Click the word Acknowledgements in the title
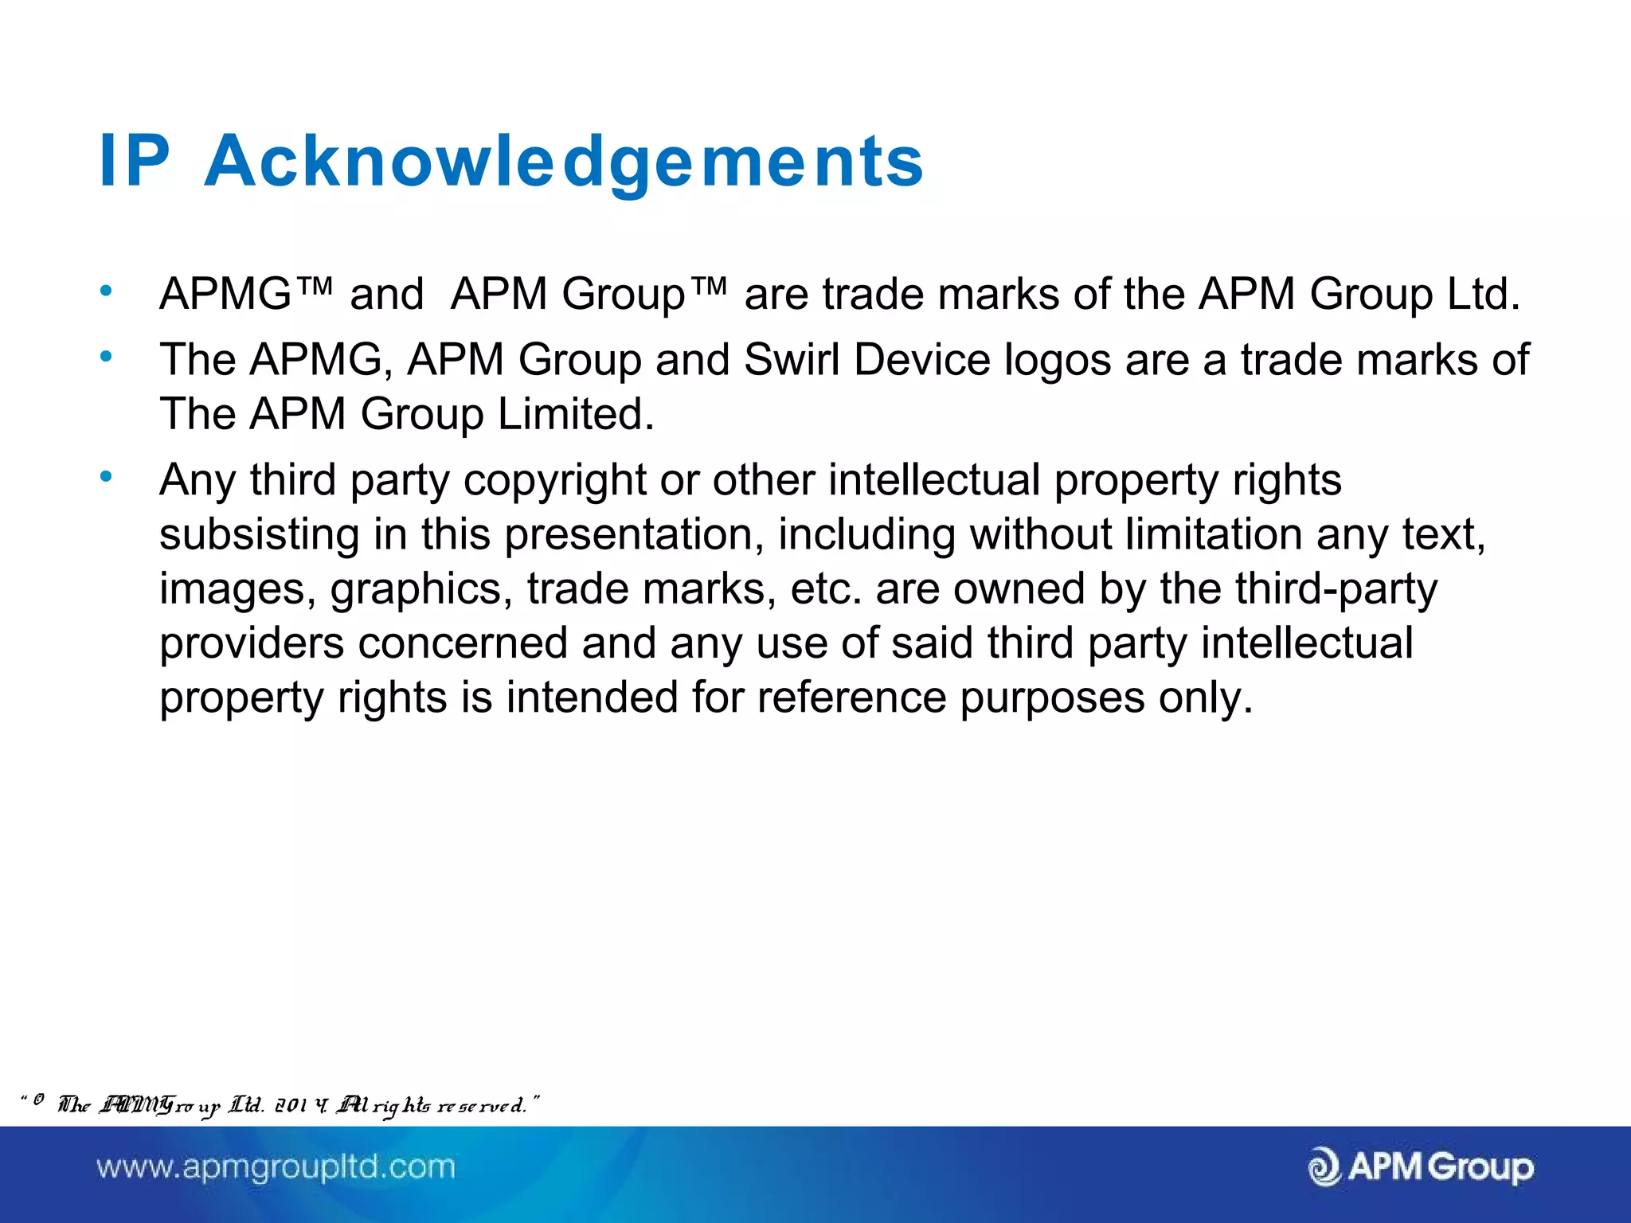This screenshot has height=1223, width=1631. tap(564, 162)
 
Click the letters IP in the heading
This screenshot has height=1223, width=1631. tap(134, 162)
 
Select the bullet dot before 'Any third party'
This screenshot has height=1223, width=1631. tap(106, 477)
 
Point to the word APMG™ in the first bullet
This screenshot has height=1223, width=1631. tap(245, 294)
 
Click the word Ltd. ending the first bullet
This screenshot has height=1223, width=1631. tap(1484, 294)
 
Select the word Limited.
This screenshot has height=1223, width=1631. tap(576, 414)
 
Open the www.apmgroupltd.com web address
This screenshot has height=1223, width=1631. tap(276, 1167)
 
